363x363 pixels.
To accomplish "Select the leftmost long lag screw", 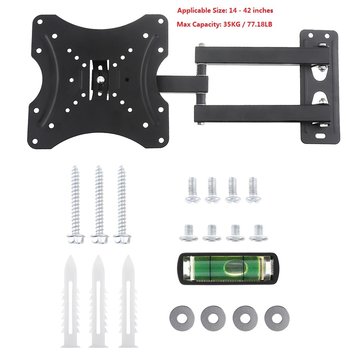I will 75,203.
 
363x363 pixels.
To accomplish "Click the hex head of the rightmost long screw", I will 123,239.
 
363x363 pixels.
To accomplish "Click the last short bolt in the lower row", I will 258,233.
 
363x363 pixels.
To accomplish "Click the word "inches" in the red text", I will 263,11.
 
